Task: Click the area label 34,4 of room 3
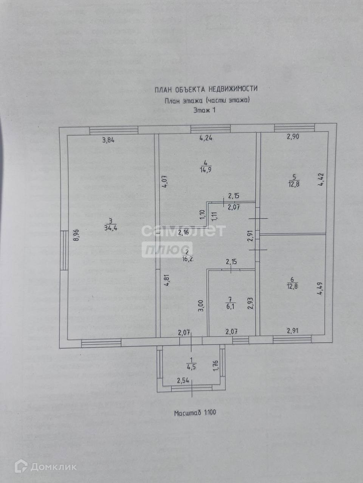(110, 227)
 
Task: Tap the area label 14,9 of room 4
(206, 169)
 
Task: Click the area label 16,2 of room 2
(186, 259)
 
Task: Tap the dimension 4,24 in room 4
(206, 138)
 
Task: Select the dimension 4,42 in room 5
(321, 179)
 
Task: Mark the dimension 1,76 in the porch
(216, 366)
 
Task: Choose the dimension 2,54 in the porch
(183, 380)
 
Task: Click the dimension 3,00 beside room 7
(201, 305)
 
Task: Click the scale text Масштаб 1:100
(195, 412)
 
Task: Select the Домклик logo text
(53, 467)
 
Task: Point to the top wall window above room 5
(294, 127)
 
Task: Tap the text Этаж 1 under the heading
(205, 111)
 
